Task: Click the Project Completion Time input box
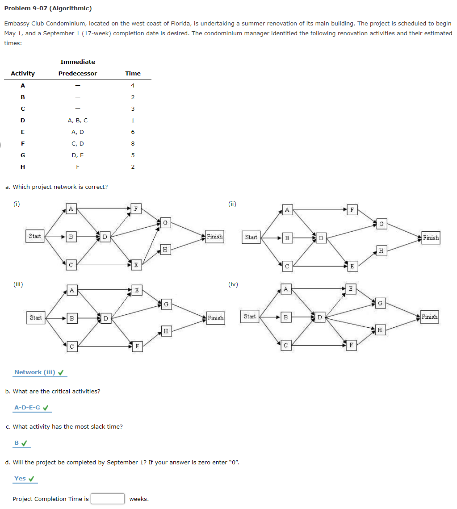[108, 499]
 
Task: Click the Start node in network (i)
[35, 236]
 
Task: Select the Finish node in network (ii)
[431, 238]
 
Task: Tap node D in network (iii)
[105, 318]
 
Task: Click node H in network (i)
[165, 250]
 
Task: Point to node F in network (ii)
[352, 209]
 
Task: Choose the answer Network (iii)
[34, 372]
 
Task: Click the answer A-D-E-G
[27, 408]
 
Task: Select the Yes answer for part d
[20, 479]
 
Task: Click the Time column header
[133, 74]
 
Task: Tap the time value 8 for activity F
[133, 144]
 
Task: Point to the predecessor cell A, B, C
[78, 121]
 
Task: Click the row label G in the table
[23, 155]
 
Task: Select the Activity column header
[23, 74]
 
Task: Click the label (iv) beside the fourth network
[233, 284]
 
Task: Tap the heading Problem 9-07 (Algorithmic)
[48, 8]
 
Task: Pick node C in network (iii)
[71, 346]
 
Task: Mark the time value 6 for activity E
[133, 132]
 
